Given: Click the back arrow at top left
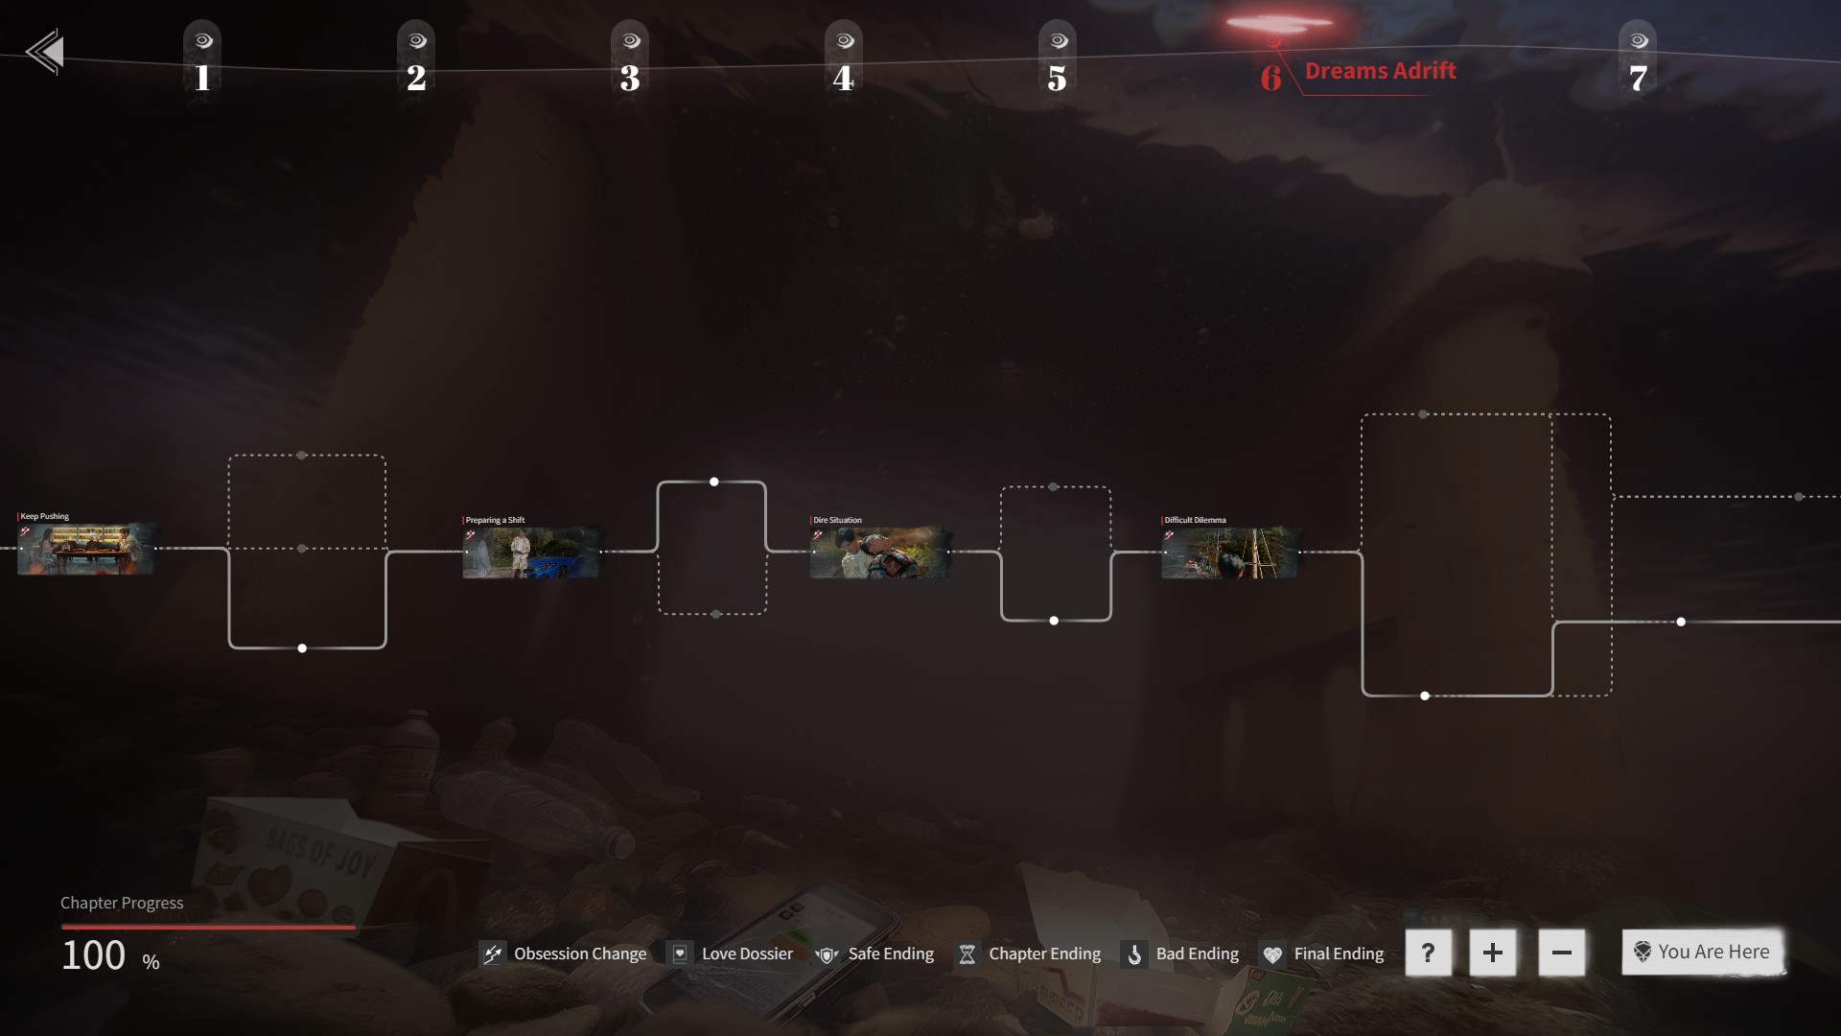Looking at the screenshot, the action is pos(45,52).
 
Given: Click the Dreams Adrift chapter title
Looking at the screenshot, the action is pos(1380,71).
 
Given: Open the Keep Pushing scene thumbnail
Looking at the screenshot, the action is pos(86,549).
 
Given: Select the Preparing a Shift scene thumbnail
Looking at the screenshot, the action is pos(532,553).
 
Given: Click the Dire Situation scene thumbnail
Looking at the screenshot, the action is pos(880,553).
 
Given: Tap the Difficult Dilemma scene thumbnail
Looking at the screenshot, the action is pos(1230,553).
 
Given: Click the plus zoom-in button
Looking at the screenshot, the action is pos(1492,953).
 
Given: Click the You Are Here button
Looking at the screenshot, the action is pos(1703,952).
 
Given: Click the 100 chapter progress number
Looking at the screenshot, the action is pos(94,955).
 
